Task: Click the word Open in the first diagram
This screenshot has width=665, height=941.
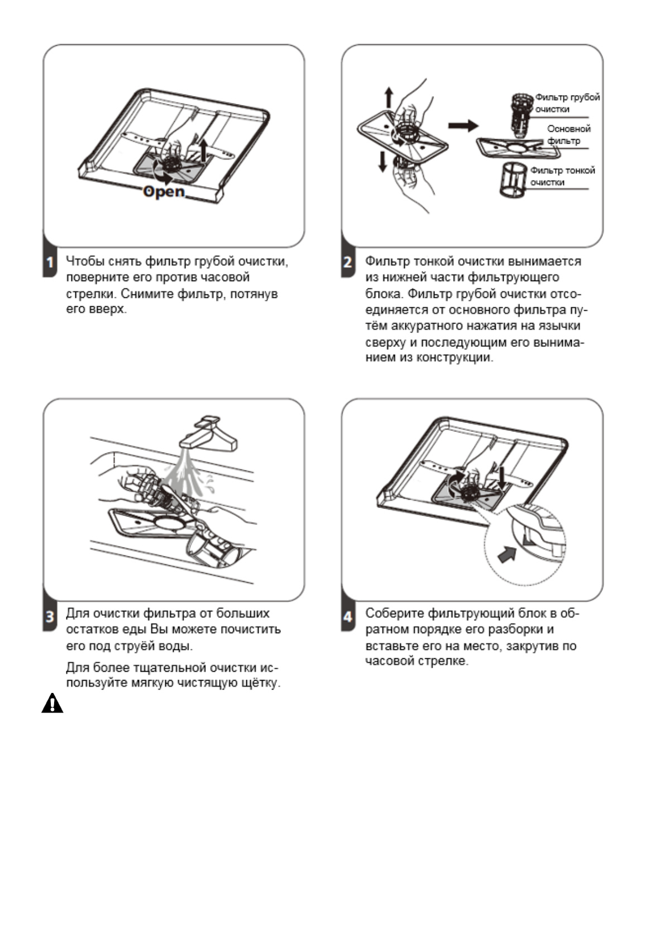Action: (x=164, y=192)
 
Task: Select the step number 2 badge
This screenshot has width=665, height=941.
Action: (x=348, y=262)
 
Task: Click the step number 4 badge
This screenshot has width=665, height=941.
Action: (x=348, y=617)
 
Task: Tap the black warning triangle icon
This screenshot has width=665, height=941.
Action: (x=52, y=704)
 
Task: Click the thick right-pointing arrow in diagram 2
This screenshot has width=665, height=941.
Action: (x=463, y=126)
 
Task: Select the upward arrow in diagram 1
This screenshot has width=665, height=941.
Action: (x=204, y=150)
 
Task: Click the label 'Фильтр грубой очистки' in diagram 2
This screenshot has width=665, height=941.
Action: (x=567, y=103)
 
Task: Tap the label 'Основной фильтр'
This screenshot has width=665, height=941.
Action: (x=568, y=135)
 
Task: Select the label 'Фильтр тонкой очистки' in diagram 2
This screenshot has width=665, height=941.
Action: (x=562, y=176)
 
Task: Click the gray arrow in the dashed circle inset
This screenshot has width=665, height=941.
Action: (x=507, y=555)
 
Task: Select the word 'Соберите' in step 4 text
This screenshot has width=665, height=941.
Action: (x=394, y=614)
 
